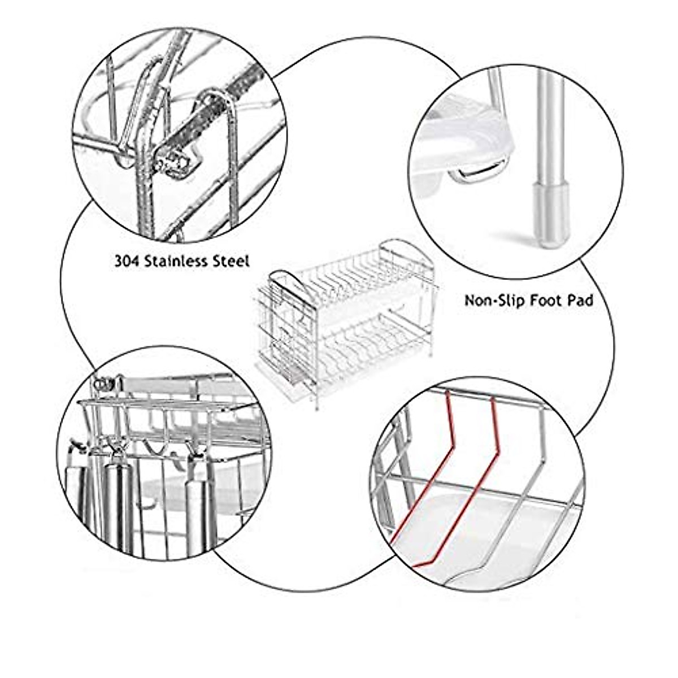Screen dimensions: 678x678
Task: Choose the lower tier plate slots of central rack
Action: point(367,339)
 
